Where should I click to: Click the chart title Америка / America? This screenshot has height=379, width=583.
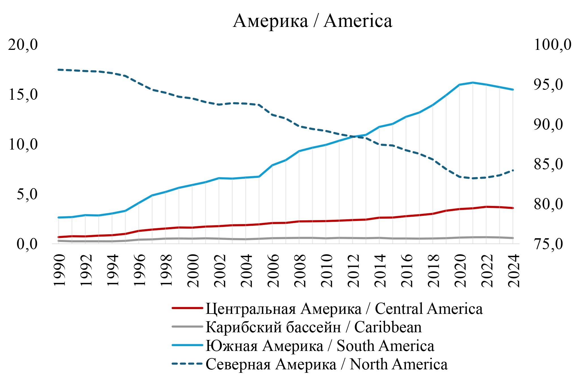pyautogui.click(x=312, y=21)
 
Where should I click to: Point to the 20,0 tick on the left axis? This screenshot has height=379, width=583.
pyautogui.click(x=23, y=45)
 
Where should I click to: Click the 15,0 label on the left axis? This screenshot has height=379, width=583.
pyautogui.click(x=23, y=95)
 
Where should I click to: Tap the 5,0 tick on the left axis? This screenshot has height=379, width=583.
pyautogui.click(x=27, y=194)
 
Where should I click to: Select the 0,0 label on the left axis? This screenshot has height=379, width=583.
pyautogui.click(x=27, y=244)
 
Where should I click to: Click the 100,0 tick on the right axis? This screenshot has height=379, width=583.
pyautogui.click(x=552, y=45)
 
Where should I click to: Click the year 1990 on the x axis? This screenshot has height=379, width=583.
pyautogui.click(x=59, y=271)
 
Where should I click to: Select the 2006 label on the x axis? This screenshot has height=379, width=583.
pyautogui.click(x=274, y=271)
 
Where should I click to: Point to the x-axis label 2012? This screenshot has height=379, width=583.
pyautogui.click(x=354, y=271)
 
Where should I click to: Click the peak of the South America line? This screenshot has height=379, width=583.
pyautogui.click(x=473, y=82)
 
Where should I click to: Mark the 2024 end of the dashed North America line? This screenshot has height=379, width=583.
pyautogui.click(x=513, y=170)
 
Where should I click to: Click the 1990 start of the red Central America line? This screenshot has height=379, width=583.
pyautogui.click(x=58, y=237)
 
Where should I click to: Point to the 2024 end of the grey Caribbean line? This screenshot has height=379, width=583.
pyautogui.click(x=513, y=238)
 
